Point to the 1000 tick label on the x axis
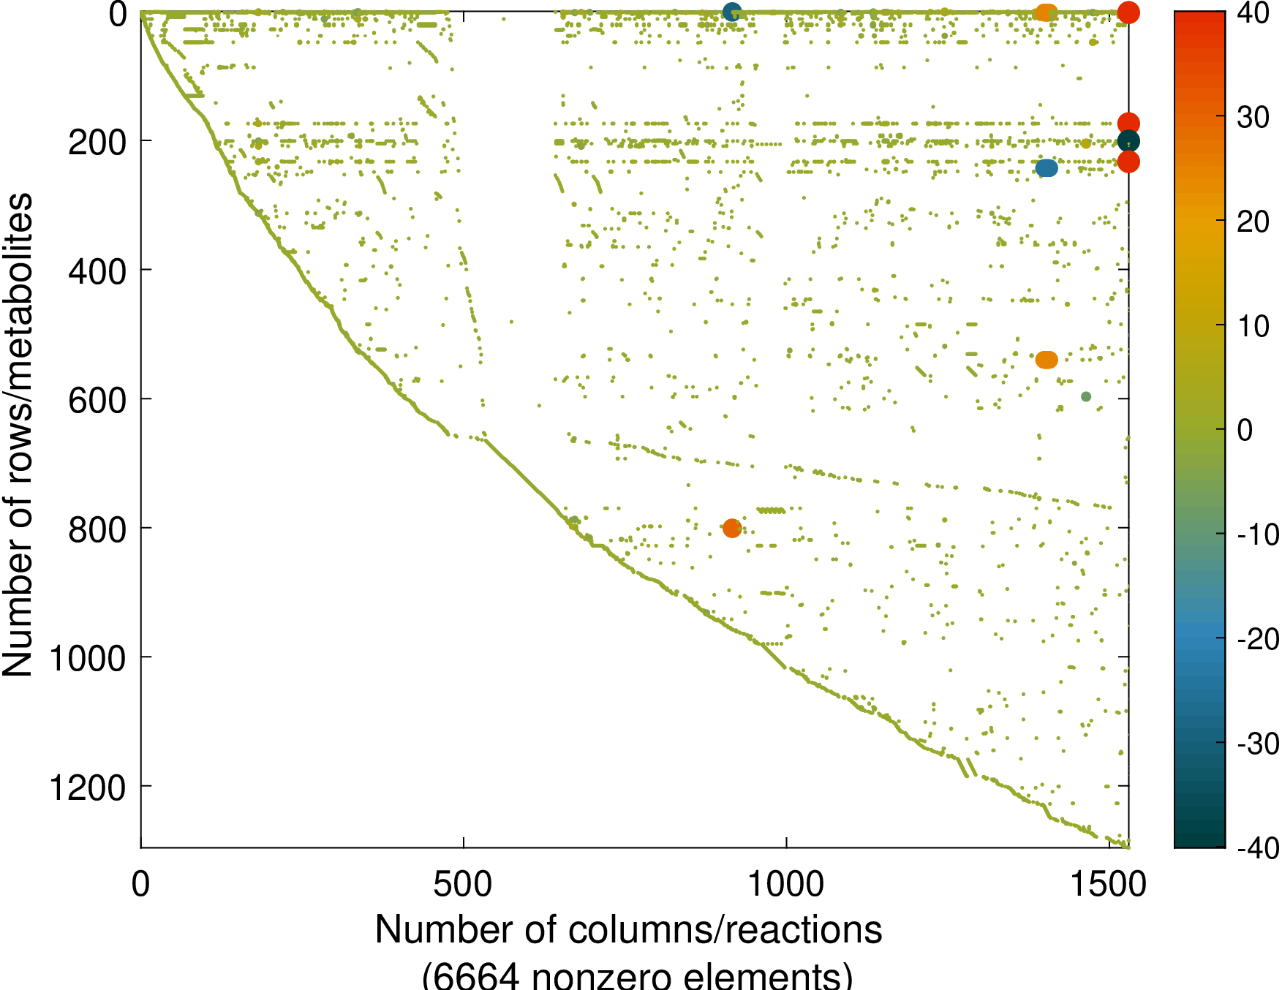tap(785, 885)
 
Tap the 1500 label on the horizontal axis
tap(1109, 885)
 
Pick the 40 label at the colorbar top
tap(1253, 13)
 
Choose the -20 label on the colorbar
tap(1257, 639)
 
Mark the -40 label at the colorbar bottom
tap(1257, 848)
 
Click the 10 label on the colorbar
tap(1253, 326)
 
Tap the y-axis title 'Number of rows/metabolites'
tap(18, 435)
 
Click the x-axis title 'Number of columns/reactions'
tap(628, 930)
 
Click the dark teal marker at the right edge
tap(1128, 141)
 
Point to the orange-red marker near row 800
tap(732, 528)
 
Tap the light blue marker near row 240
tap(1047, 168)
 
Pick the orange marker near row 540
tap(1047, 360)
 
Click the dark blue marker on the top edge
tap(732, 12)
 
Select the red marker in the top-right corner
tap(1128, 12)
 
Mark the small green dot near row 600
tap(1086, 396)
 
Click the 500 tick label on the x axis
tap(463, 885)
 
